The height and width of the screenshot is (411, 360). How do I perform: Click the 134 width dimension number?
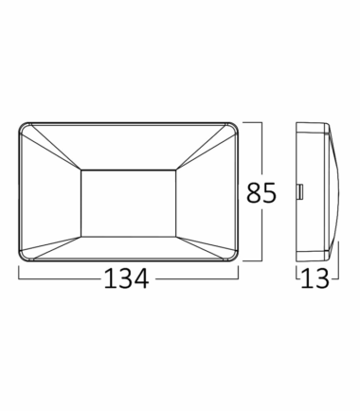[126, 278]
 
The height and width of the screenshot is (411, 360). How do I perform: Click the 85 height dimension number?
[261, 192]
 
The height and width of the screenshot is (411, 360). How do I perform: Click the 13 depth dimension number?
[315, 278]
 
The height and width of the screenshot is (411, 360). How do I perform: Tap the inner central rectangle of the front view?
[129, 204]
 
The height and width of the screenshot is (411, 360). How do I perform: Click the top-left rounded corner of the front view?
[22, 126]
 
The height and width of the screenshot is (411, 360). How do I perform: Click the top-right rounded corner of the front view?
[235, 126]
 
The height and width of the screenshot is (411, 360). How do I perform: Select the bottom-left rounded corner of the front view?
[22, 258]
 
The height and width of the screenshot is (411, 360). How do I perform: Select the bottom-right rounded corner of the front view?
[235, 258]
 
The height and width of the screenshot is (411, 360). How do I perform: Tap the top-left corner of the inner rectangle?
[81, 170]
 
